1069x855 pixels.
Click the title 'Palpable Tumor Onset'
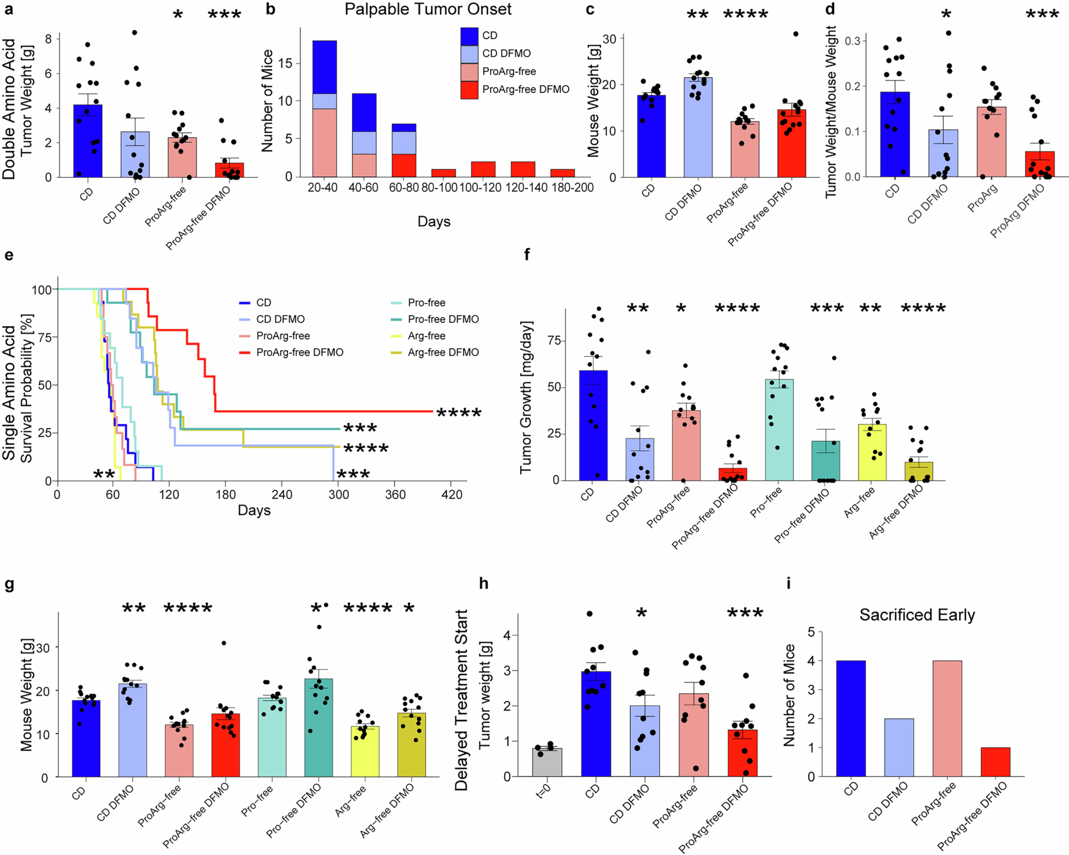click(x=428, y=9)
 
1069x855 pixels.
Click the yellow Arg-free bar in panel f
click(x=872, y=452)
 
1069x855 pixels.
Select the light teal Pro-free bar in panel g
click(x=272, y=737)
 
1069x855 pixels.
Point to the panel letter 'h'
click(x=483, y=584)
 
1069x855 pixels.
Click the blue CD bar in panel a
click(x=88, y=141)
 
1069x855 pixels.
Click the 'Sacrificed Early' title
click(x=917, y=615)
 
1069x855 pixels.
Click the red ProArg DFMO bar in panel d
click(x=1040, y=165)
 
